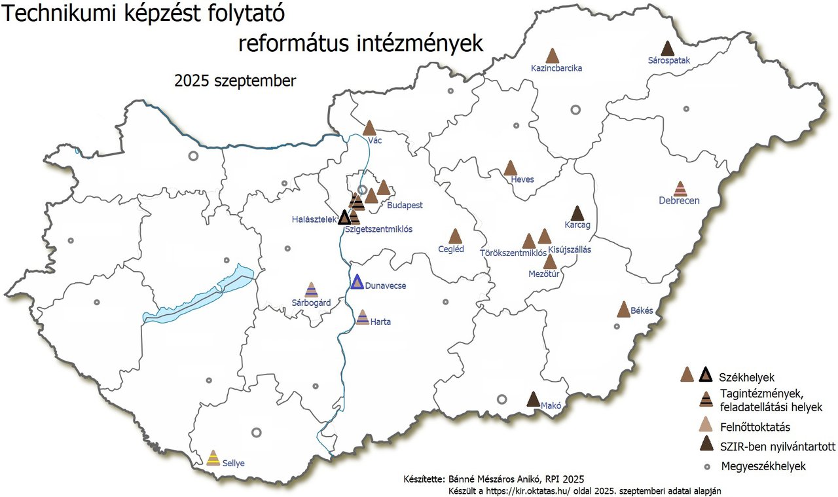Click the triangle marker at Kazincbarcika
[x=552, y=56]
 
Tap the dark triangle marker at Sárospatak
[x=667, y=49]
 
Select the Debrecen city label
[x=679, y=200]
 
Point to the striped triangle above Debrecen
[x=680, y=189]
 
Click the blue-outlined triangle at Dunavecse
[x=357, y=282]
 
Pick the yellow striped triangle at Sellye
[x=213, y=458]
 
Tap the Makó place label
[x=551, y=405]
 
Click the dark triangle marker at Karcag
[x=577, y=213]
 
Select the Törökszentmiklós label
[x=513, y=252]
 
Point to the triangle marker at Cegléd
[x=455, y=236]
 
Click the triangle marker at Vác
[x=369, y=128]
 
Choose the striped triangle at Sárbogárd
[x=312, y=290]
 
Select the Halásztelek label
[x=314, y=220]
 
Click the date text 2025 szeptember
[x=235, y=81]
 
